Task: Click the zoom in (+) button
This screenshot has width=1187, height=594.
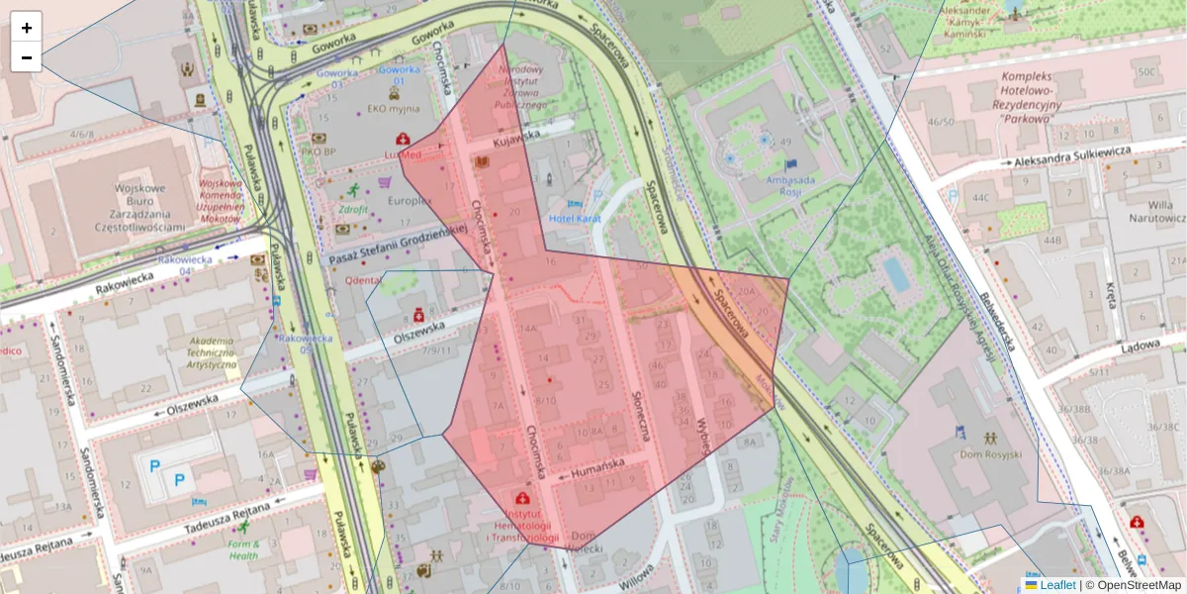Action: (x=27, y=28)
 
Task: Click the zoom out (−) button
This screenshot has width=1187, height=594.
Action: (x=27, y=57)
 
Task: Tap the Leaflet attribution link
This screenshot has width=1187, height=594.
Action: (x=1057, y=585)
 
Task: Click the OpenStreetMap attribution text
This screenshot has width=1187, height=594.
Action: (x=1133, y=585)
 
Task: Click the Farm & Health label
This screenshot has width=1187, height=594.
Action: (x=243, y=549)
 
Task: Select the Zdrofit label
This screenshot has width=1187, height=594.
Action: (x=352, y=209)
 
